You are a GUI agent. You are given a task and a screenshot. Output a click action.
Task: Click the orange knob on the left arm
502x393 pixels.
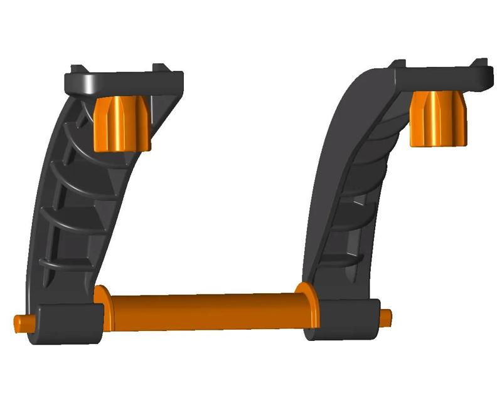point(123,124)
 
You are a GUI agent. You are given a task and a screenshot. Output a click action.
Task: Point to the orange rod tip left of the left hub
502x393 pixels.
point(22,323)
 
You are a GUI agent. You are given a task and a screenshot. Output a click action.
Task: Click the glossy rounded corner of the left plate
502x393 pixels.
point(78,81)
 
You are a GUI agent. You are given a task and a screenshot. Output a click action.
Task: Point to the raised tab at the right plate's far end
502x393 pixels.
point(481,62)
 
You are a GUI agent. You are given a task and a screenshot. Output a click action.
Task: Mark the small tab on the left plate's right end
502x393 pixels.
point(161,68)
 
